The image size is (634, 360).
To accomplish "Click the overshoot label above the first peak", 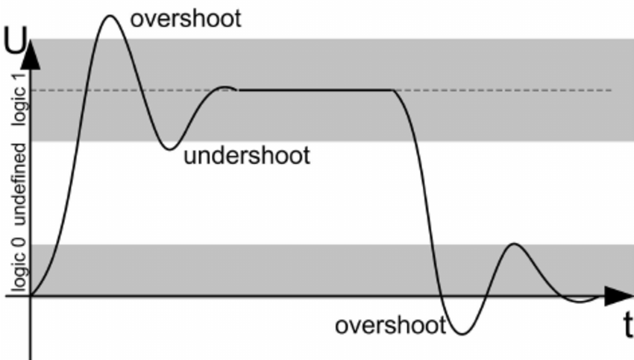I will [x=186, y=18].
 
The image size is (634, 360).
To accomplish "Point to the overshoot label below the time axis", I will [x=389, y=326].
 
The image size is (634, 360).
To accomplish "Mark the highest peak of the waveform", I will [x=110, y=15].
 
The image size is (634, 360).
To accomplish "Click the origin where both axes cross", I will [x=31, y=296].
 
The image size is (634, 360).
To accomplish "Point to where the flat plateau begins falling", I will [x=394, y=90].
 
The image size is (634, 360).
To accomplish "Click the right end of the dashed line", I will [x=611, y=90].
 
